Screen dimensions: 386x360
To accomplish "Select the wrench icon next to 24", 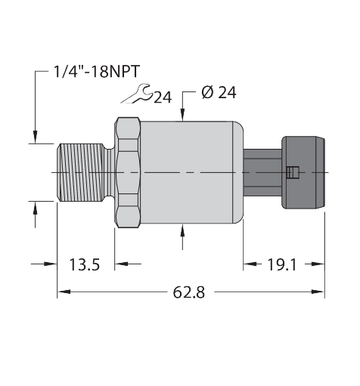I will click(x=138, y=94).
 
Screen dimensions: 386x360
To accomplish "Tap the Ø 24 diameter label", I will click(x=219, y=92).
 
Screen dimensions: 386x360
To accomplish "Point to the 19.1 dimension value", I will click(x=284, y=264).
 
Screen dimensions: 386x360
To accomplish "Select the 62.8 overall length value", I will click(x=190, y=292).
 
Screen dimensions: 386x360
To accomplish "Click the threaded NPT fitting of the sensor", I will click(x=81, y=173).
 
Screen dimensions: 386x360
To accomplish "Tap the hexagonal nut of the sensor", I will click(x=128, y=173).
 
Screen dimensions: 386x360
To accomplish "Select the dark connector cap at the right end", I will click(x=304, y=173).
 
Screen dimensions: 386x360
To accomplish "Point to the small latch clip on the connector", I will click(x=293, y=172).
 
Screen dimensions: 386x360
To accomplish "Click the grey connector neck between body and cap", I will click(x=262, y=173).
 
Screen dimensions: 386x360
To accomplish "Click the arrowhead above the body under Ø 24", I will click(x=183, y=116).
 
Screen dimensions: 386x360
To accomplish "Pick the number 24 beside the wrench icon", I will click(x=163, y=97).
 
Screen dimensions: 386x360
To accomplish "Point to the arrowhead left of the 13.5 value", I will click(x=52, y=264).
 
